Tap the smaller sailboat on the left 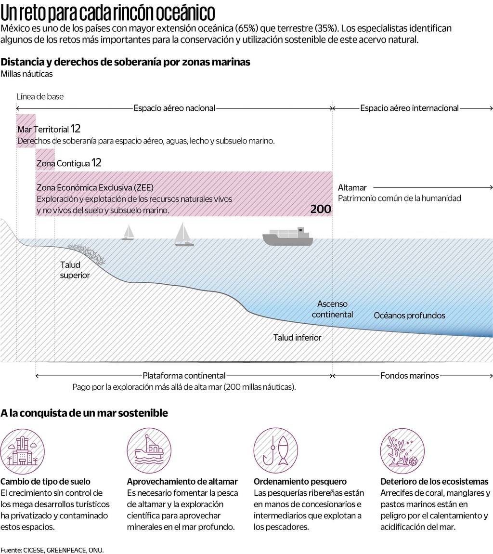click(x=128, y=233)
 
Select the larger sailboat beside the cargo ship click(x=184, y=235)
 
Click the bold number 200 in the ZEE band click(x=321, y=209)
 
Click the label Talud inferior click(x=297, y=337)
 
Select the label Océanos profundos click(x=410, y=316)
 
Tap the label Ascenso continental click(x=332, y=309)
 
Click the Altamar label click(x=352, y=187)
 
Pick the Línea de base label click(x=40, y=96)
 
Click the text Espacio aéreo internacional click(x=409, y=108)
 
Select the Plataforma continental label click(x=184, y=375)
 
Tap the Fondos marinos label click(x=409, y=375)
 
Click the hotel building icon click(x=20, y=450)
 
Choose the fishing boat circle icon click(x=147, y=450)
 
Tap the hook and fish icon click(x=273, y=450)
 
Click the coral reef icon click(x=400, y=450)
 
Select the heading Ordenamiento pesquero click(x=300, y=481)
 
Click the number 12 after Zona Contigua click(x=96, y=163)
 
